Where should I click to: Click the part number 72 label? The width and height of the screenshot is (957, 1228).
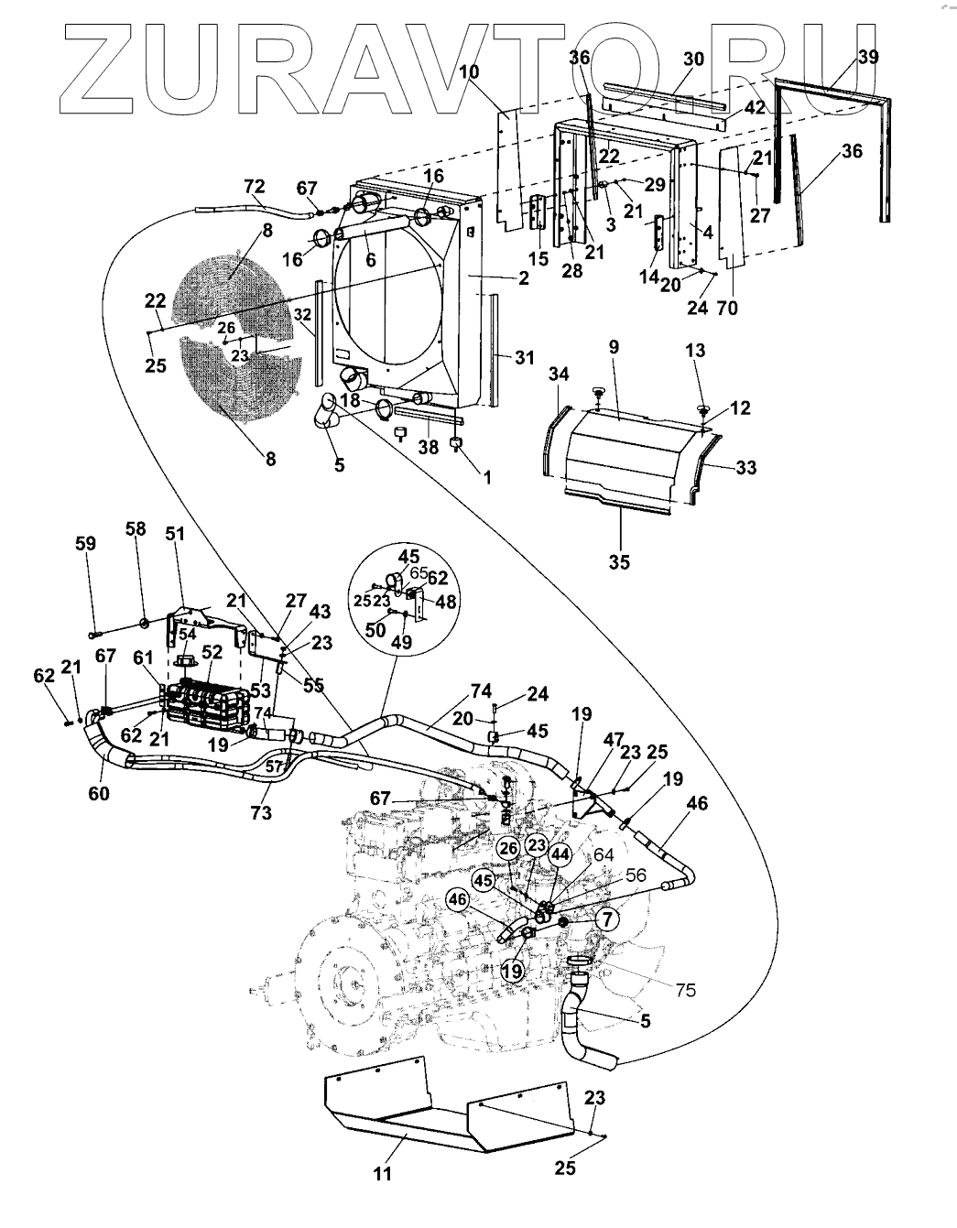tap(255, 186)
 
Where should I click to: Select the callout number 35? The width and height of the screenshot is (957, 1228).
tap(619, 562)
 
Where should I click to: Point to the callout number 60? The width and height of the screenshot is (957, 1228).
tap(99, 793)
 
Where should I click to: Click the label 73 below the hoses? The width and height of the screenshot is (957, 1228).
tap(261, 812)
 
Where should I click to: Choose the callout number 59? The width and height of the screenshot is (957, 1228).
tap(85, 544)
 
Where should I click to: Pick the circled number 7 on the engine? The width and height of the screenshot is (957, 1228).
tap(607, 918)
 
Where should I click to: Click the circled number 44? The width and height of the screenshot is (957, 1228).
tap(561, 853)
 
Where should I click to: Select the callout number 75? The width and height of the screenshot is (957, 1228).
tap(685, 990)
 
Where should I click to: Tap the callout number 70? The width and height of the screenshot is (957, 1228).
tap(728, 308)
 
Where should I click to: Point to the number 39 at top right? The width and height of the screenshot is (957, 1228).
tap(868, 57)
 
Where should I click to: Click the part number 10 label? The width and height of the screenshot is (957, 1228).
tap(469, 71)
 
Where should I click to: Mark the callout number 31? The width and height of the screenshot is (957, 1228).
tap(524, 357)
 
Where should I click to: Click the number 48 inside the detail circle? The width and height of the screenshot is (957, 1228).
tap(445, 602)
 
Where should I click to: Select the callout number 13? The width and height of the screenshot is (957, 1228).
tap(695, 351)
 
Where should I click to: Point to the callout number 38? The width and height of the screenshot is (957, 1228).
tap(429, 447)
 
